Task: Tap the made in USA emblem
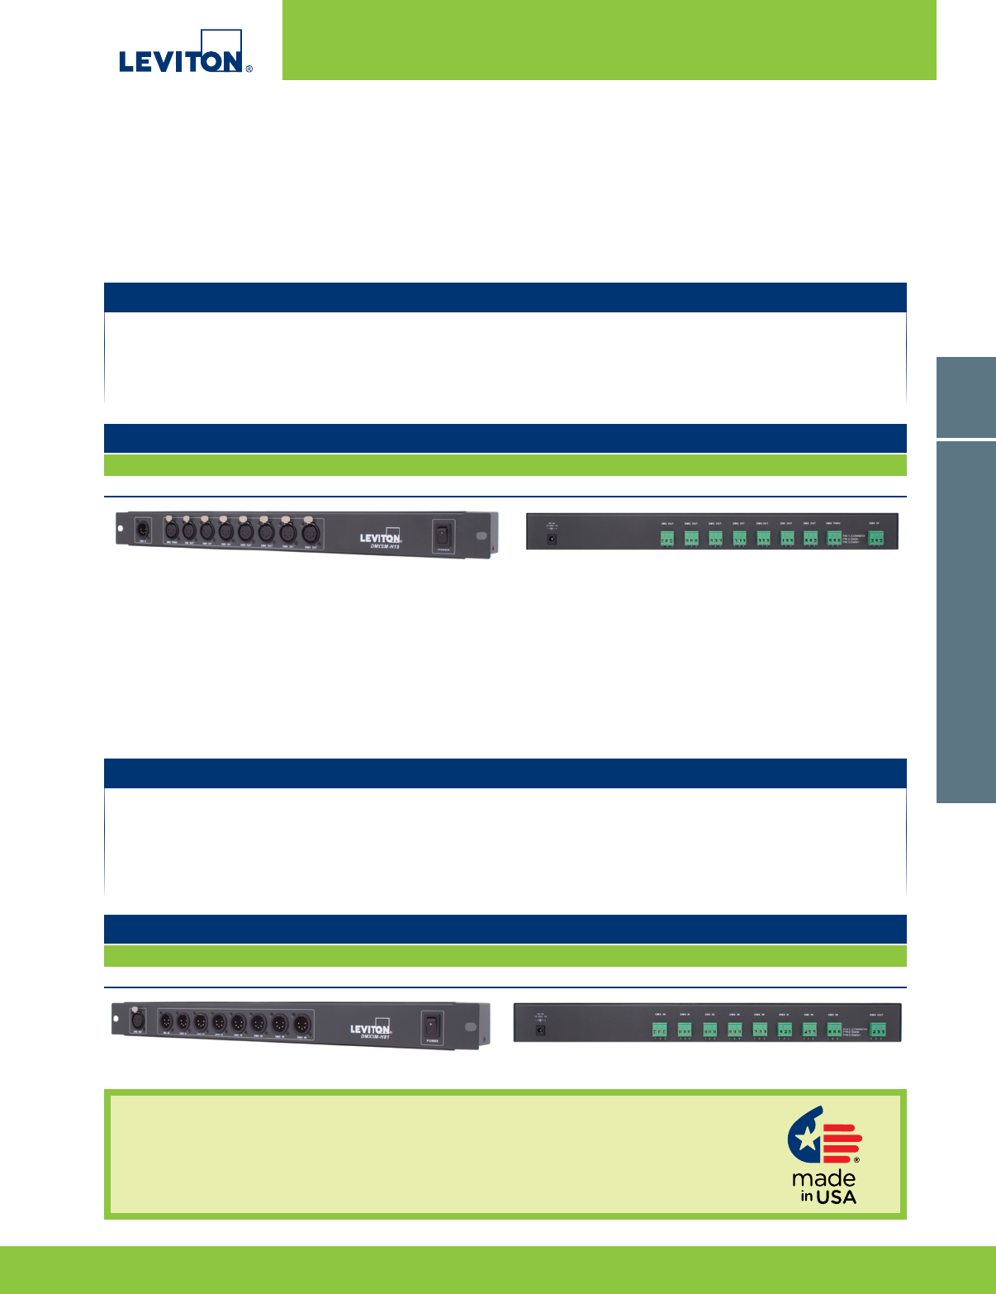point(824,1154)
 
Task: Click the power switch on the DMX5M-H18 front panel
point(443,535)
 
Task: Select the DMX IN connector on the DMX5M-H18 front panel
point(141,526)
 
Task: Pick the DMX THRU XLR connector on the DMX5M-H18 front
point(172,530)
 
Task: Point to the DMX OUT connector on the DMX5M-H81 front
point(138,1020)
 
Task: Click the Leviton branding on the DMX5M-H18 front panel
point(380,536)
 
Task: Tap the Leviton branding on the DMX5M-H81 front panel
point(370,1029)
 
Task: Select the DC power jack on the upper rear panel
point(552,539)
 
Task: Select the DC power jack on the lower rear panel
point(540,1030)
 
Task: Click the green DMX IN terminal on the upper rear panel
point(875,538)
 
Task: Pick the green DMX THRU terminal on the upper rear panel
point(834,538)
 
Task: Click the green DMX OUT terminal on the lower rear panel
point(879,1029)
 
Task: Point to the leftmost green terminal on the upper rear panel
point(666,538)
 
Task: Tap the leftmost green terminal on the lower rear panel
point(660,1029)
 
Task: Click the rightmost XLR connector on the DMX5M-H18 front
point(310,533)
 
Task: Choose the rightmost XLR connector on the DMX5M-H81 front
point(302,1024)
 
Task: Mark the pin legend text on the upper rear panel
point(853,538)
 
